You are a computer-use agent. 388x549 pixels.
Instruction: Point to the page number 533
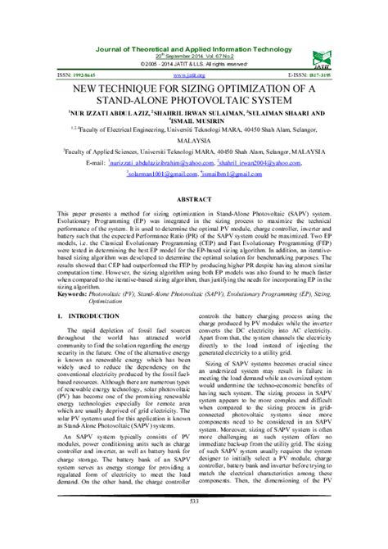[193, 524]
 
